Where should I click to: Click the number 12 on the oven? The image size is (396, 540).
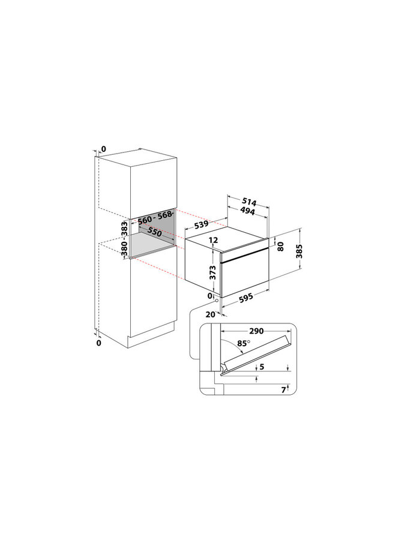(x=213, y=240)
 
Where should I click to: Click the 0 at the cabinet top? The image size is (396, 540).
(x=103, y=148)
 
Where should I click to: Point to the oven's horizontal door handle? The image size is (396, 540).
(x=246, y=257)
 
